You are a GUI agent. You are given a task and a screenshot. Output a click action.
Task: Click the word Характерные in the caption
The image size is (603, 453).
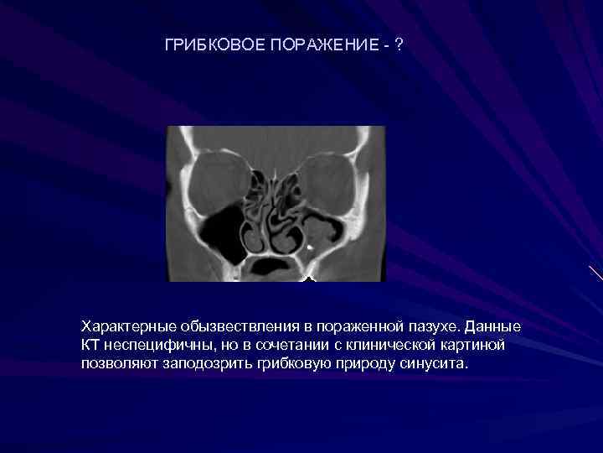[121, 325]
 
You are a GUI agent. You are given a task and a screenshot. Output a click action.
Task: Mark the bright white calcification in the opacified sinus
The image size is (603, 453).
[311, 247]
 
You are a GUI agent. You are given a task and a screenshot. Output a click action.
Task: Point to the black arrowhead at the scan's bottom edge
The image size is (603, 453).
[308, 278]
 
